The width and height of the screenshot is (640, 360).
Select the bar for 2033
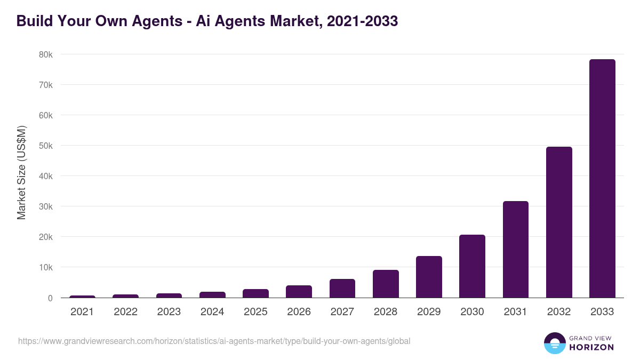[x=602, y=179]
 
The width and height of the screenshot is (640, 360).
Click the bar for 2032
[x=559, y=222]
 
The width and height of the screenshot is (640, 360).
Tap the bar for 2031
[x=515, y=250]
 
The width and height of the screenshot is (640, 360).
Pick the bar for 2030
[x=472, y=266]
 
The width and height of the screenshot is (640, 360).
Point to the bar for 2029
[x=429, y=277]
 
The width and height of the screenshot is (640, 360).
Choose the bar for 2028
[x=386, y=284]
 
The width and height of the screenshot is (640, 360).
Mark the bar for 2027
[x=342, y=288]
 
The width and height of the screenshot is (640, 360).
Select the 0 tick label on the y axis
[x=50, y=298]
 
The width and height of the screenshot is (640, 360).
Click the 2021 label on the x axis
[x=82, y=312]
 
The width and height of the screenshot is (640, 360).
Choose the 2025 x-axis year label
[x=255, y=312]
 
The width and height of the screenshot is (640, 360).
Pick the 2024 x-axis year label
[x=212, y=312]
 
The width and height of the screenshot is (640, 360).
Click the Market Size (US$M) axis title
[x=21, y=173]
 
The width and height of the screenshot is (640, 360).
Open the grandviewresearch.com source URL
[x=214, y=341]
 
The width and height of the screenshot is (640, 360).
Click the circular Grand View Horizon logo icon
[x=555, y=343]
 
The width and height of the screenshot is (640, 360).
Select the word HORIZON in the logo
[x=592, y=347]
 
